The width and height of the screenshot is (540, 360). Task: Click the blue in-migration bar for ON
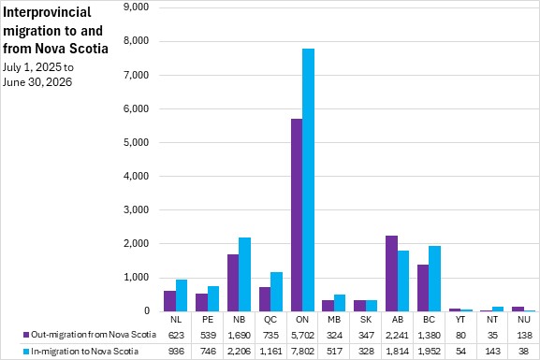click(308, 180)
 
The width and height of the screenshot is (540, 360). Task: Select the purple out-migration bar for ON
click(297, 215)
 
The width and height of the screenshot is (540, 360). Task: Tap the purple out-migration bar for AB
click(391, 274)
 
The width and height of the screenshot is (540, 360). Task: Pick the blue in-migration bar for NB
click(245, 274)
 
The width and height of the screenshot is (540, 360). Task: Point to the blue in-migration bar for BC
click(434, 279)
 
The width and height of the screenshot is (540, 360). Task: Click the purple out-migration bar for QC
click(265, 299)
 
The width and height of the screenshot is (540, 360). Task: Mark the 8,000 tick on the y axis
click(136, 40)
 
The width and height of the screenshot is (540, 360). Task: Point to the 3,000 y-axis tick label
click(136, 209)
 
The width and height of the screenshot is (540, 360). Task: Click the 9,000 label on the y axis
click(136, 7)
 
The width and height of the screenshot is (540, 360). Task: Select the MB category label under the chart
click(334, 320)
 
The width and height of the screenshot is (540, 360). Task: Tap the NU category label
click(524, 320)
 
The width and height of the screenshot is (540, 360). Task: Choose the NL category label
click(176, 320)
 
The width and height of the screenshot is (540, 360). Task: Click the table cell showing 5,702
click(302, 335)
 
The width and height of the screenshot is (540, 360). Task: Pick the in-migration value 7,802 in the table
click(302, 352)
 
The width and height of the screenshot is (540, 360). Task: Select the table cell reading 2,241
click(397, 335)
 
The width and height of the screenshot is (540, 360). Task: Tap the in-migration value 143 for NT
click(492, 352)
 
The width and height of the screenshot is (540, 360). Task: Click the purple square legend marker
click(26, 335)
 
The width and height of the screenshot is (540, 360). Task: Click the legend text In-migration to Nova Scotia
click(84, 352)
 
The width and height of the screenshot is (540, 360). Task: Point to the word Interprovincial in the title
click(47, 13)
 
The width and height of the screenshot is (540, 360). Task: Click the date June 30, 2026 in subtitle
click(37, 82)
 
